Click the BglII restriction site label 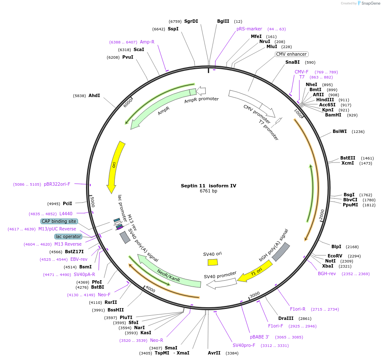pos(223,21)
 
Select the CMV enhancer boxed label pos(291,54)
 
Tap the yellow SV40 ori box pos(213,262)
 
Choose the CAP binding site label pos(59,221)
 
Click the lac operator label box pos(68,236)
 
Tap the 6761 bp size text pos(208,191)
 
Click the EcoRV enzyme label pos(335,256)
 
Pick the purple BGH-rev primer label pos(327,273)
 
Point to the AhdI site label pos(94,96)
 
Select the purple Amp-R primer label pos(147,42)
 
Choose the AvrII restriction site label pos(214,353)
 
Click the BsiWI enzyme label pos(339,131)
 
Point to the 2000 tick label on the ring pos(322,214)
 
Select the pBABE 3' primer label pos(259,337)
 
